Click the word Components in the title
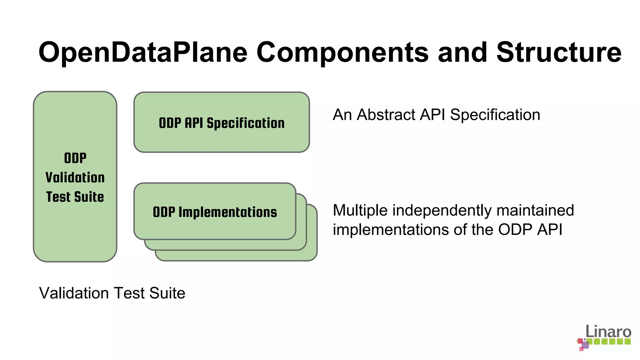342,52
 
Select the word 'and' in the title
462,52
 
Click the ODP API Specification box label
222,123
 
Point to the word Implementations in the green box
227,212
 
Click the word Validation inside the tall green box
75,177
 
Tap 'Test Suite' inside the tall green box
75,197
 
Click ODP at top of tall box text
75,158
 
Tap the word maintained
535,210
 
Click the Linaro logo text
608,331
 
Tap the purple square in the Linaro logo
585,345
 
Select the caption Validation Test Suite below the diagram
112,293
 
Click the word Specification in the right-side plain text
495,115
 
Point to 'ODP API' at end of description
530,230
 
